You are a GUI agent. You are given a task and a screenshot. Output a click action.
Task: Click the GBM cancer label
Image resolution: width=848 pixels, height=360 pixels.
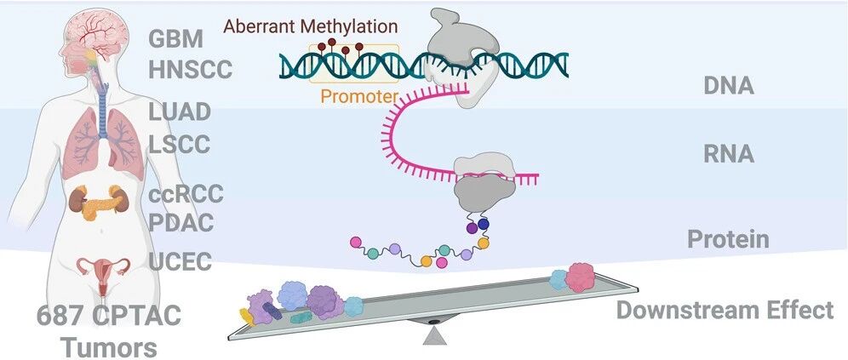pyautogui.click(x=175, y=39)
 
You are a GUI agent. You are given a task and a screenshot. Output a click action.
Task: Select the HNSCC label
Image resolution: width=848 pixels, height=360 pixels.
pyautogui.click(x=191, y=70)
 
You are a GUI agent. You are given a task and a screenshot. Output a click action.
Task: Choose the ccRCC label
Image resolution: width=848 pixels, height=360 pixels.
pyautogui.click(x=186, y=194)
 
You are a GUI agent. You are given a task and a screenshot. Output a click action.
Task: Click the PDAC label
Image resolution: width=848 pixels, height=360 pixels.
pyautogui.click(x=180, y=223)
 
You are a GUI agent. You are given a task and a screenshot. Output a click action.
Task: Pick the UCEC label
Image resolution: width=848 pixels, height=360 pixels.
pyautogui.click(x=180, y=262)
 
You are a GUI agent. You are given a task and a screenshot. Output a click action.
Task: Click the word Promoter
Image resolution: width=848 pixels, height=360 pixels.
pyautogui.click(x=359, y=96)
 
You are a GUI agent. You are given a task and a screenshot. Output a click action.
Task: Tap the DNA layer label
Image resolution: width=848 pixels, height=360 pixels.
pyautogui.click(x=729, y=86)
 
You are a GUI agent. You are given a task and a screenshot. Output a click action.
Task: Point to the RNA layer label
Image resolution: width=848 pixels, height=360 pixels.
pyautogui.click(x=729, y=155)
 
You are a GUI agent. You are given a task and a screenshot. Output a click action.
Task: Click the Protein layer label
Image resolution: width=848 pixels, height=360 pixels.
pyautogui.click(x=728, y=239)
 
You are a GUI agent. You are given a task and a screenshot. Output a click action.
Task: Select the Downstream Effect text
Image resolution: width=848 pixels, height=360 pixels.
pyautogui.click(x=725, y=311)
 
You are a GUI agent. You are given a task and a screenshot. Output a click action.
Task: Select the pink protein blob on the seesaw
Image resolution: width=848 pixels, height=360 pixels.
pyautogui.click(x=580, y=277)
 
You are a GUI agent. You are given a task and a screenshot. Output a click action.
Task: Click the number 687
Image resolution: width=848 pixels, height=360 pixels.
pyautogui.click(x=60, y=317)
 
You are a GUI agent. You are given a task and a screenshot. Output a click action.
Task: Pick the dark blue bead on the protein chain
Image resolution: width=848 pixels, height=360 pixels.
pyautogui.click(x=483, y=223)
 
